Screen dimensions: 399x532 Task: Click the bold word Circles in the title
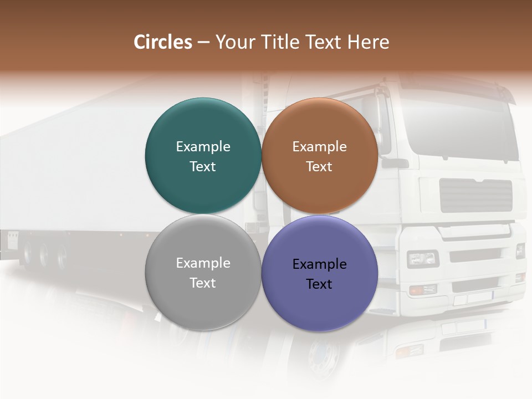(163, 42)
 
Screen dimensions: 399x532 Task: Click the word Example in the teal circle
(203, 146)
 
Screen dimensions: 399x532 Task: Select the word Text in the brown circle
(319, 166)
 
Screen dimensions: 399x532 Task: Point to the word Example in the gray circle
(203, 263)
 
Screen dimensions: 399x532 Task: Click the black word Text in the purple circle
(319, 284)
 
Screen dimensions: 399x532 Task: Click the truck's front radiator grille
(475, 195)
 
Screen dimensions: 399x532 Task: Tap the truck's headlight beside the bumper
(423, 258)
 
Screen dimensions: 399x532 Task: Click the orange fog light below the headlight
(422, 289)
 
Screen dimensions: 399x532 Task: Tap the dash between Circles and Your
(203, 42)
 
